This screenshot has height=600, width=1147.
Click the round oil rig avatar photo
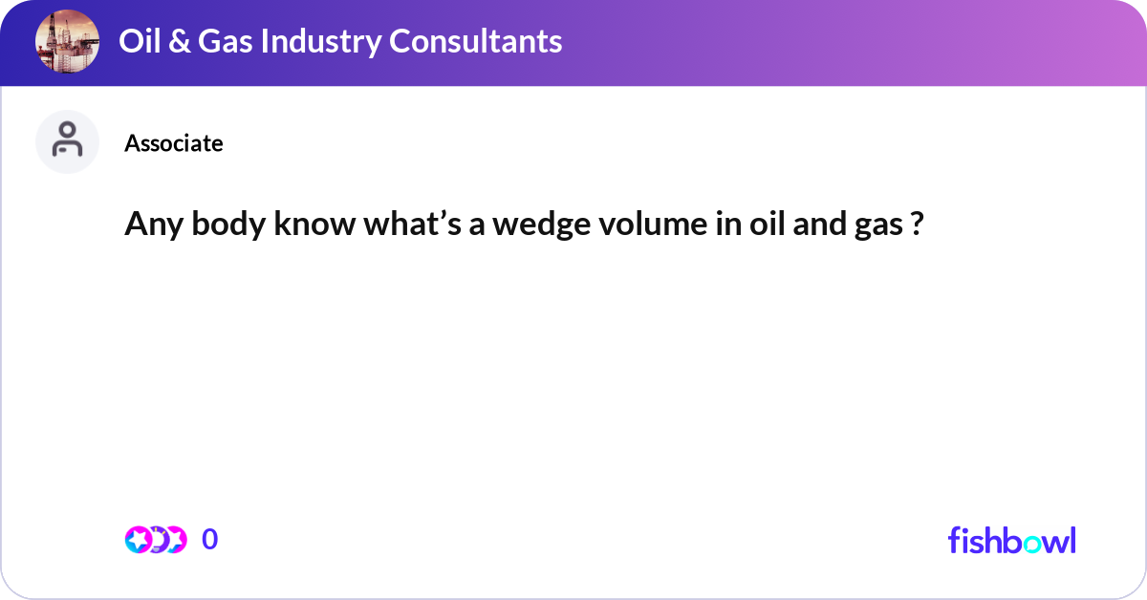pyautogui.click(x=67, y=41)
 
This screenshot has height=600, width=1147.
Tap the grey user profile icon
pyautogui.click(x=67, y=141)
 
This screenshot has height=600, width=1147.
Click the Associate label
pyautogui.click(x=173, y=143)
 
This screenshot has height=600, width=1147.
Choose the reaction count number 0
pyautogui.click(x=210, y=540)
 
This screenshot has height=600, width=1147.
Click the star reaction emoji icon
pyautogui.click(x=139, y=540)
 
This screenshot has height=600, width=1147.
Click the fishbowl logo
pyautogui.click(x=1011, y=540)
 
